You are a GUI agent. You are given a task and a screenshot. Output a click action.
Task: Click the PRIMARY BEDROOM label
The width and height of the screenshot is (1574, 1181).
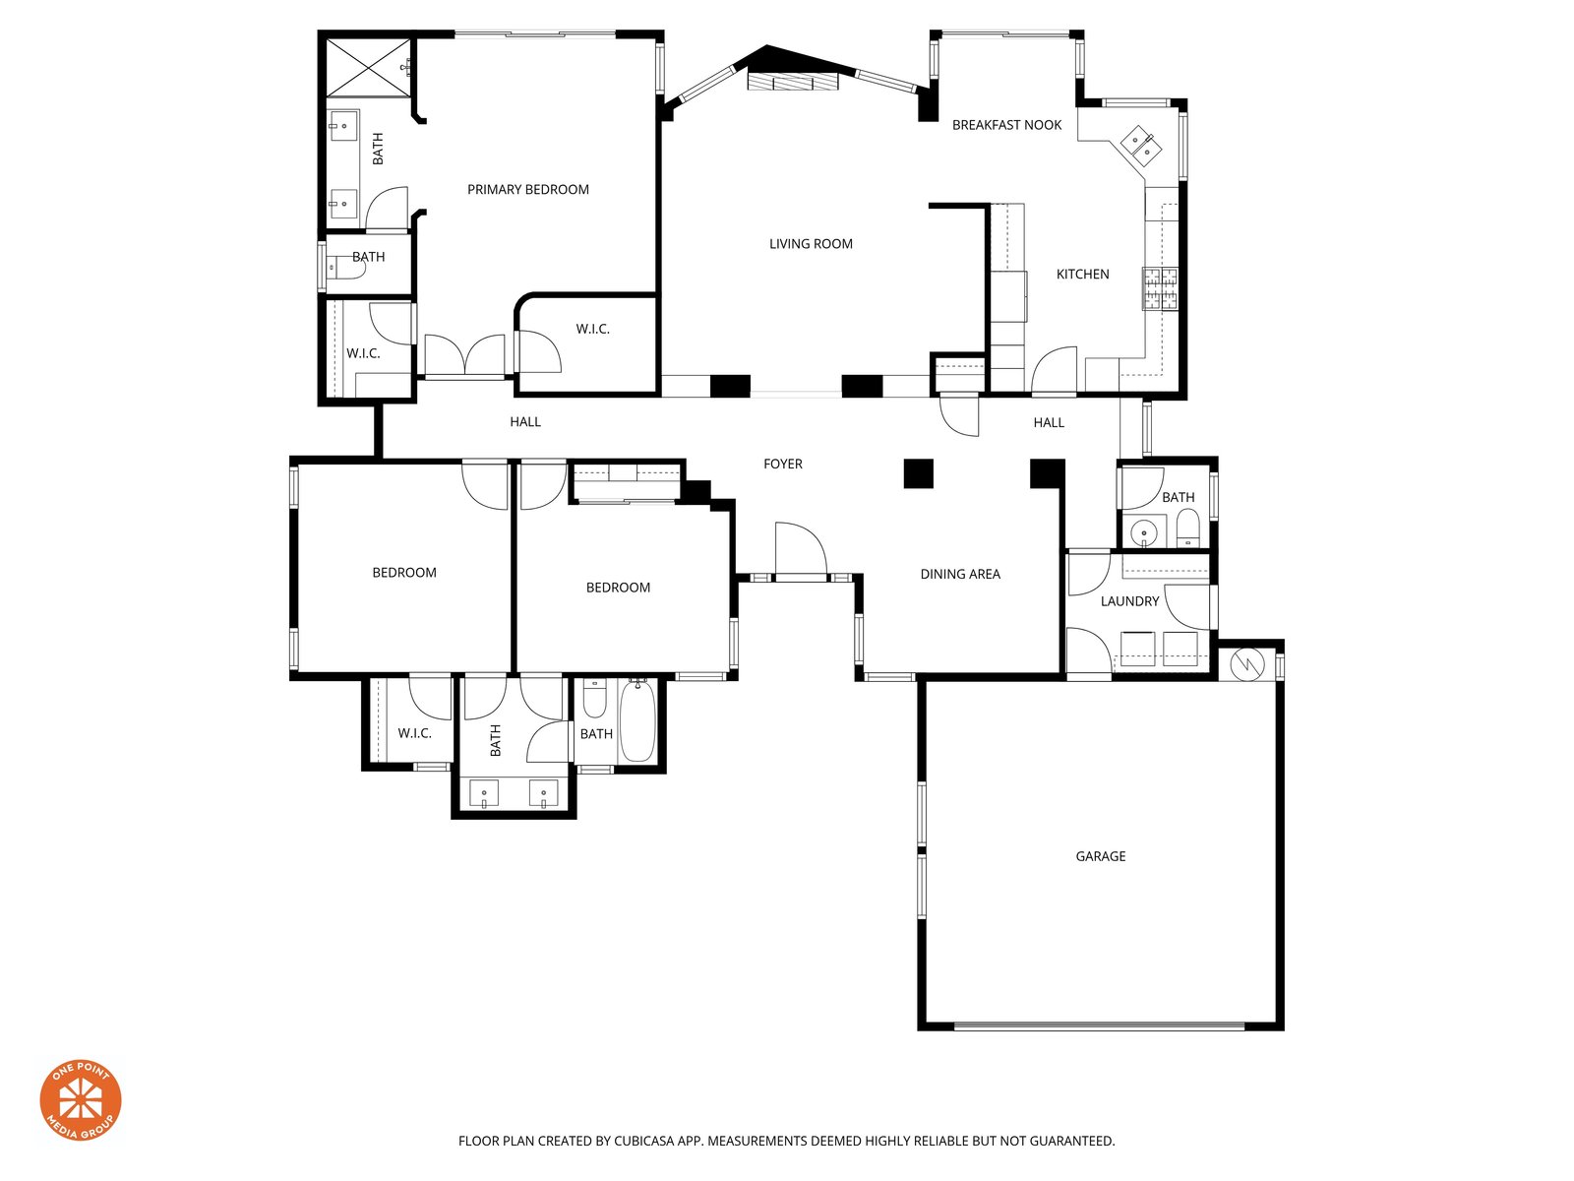(x=527, y=189)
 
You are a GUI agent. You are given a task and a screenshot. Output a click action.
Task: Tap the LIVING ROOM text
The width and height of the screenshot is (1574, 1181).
(x=811, y=244)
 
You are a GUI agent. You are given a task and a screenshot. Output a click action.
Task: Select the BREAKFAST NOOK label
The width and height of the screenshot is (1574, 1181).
(x=1006, y=125)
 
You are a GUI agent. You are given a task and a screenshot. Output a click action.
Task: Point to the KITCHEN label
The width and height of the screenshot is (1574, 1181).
(x=1082, y=274)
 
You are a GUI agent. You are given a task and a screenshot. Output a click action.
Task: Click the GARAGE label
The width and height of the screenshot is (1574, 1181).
(x=1100, y=856)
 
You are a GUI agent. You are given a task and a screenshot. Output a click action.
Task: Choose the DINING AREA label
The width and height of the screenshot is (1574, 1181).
(x=960, y=574)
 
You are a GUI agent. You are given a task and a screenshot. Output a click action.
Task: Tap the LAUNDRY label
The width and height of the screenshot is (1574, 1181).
(x=1129, y=601)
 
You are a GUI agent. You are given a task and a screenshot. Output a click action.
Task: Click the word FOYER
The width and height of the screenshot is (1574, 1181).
(x=782, y=464)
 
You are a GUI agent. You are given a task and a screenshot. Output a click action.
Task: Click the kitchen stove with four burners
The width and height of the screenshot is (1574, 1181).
(x=1160, y=288)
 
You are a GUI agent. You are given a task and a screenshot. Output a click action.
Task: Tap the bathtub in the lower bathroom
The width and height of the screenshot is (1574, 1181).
(x=636, y=720)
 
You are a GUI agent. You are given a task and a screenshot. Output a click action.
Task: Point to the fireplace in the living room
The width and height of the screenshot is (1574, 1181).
(x=792, y=81)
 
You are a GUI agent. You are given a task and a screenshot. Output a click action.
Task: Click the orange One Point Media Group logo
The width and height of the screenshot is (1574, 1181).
(x=81, y=1100)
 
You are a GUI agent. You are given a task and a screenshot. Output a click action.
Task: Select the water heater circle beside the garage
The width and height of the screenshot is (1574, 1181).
(x=1246, y=664)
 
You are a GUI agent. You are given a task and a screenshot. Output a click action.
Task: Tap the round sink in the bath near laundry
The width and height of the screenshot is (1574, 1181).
(x=1143, y=532)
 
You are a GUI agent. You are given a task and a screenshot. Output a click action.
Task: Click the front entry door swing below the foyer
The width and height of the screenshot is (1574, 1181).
(x=800, y=549)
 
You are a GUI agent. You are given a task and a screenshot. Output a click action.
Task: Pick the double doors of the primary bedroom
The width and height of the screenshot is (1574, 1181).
(x=464, y=355)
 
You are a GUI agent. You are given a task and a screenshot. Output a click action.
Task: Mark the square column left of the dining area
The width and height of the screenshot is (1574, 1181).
(x=918, y=473)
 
